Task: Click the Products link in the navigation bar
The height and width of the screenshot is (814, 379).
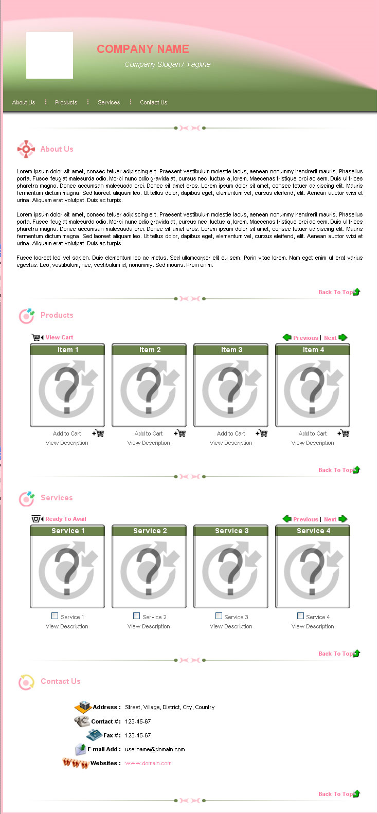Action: pos(66,102)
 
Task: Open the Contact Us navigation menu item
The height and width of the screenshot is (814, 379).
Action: pos(154,102)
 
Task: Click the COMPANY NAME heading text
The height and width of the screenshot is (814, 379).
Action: pos(143,49)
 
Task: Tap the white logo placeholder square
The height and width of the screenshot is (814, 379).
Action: pos(49,55)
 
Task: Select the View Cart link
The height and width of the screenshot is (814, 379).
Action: pos(59,337)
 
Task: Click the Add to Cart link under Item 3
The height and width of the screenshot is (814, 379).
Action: pos(231,433)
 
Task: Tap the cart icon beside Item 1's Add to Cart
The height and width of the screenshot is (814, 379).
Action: pos(98,433)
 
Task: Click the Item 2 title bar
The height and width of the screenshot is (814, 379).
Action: pos(149,350)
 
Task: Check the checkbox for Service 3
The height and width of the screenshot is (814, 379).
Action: pos(219,616)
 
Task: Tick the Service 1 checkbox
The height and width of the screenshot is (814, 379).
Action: pos(55,616)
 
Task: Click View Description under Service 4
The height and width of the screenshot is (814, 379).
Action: pos(313,626)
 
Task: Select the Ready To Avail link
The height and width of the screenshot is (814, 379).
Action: pos(66,519)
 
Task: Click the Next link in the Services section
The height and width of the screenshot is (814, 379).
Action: pos(330,519)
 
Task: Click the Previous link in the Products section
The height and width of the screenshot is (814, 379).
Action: pos(305,338)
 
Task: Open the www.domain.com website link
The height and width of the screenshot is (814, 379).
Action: pos(148,763)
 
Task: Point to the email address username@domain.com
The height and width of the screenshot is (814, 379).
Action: pos(155,749)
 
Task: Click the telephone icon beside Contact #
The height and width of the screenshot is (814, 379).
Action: pos(82,721)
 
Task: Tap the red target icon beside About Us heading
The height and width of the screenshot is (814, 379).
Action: pos(26,149)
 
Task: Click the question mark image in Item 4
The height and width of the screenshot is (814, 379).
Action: pos(313,390)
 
